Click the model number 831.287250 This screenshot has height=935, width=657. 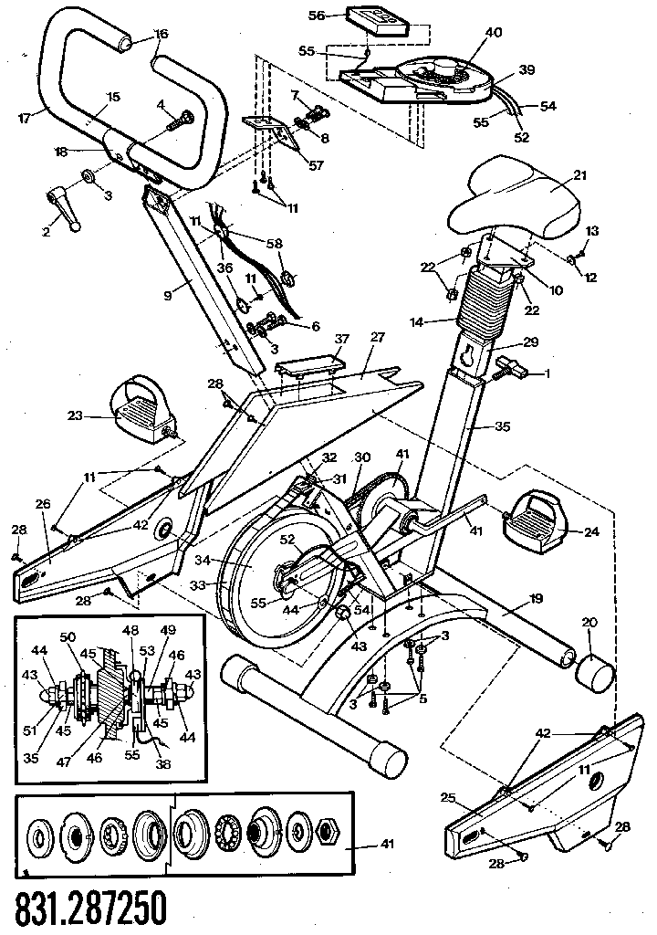91,908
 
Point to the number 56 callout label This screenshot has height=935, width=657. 317,16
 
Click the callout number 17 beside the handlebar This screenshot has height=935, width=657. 24,116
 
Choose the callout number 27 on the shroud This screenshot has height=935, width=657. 377,336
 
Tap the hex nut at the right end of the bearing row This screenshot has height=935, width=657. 328,834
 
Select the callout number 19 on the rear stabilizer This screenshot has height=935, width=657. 536,598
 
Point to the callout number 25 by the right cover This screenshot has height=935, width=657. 448,798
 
